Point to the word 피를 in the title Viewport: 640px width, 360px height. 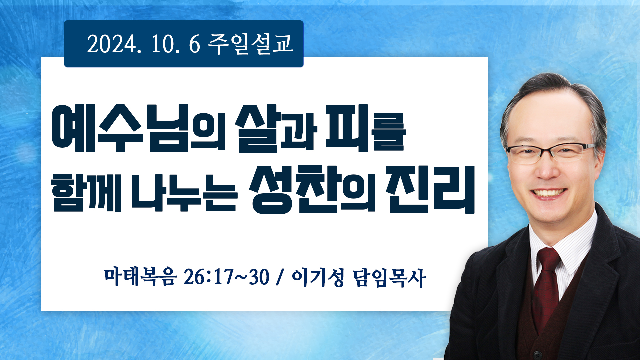pyautogui.click(x=366, y=128)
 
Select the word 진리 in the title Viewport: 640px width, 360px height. pyautogui.click(x=430, y=189)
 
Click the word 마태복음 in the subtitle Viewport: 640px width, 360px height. pyautogui.click(x=139, y=276)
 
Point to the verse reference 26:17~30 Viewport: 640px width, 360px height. pyautogui.click(x=226, y=277)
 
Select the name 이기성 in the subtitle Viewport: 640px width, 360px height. pyautogui.click(x=318, y=277)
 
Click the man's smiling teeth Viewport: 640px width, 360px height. pyautogui.click(x=548, y=193)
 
